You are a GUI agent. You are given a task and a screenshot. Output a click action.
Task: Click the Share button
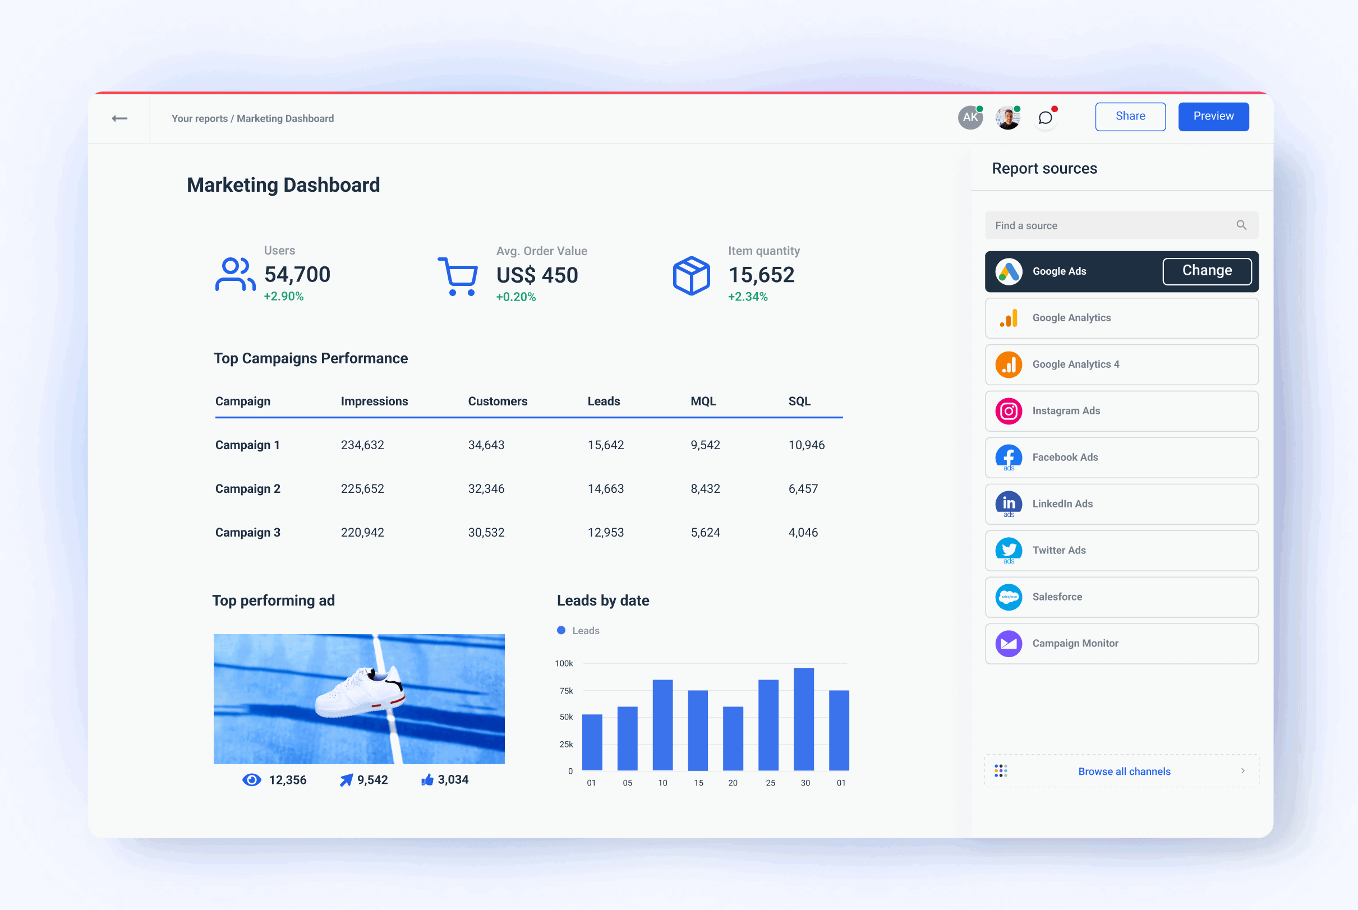(x=1130, y=117)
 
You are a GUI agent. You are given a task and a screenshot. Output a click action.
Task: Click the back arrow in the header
(x=119, y=118)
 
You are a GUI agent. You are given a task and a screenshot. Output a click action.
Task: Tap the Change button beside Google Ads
(x=1207, y=271)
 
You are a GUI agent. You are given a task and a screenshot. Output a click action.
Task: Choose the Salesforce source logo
(x=1009, y=597)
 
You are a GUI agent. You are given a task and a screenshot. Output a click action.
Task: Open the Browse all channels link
(x=1124, y=772)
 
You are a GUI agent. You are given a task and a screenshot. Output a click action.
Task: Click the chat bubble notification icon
(x=1045, y=118)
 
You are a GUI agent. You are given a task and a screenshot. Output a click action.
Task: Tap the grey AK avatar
(x=970, y=118)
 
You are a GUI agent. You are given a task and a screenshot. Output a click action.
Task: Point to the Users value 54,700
(x=297, y=275)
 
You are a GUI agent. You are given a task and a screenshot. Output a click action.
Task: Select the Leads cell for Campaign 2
(x=605, y=489)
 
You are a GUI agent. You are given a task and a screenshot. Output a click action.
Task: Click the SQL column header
(x=799, y=401)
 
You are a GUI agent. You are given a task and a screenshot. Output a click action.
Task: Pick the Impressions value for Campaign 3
(x=362, y=532)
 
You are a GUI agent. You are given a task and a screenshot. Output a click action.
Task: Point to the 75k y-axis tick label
(x=566, y=691)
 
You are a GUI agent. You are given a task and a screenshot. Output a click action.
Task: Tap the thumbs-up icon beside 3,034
(x=427, y=779)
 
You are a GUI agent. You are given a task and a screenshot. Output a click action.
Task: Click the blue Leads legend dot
(x=561, y=630)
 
